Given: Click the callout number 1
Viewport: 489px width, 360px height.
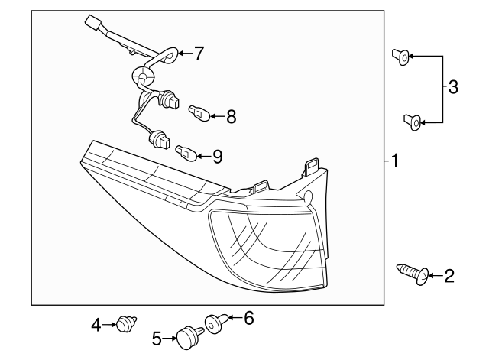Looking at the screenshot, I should (395, 161).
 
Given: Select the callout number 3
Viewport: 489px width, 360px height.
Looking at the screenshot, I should (453, 88).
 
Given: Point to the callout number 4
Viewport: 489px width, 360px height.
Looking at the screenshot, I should (96, 326).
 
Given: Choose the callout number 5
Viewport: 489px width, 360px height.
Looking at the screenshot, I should (157, 336).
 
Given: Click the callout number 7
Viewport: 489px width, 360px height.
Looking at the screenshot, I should (199, 54).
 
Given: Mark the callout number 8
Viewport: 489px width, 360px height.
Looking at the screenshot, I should (231, 117).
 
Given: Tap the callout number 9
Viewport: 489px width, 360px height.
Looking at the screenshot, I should (217, 157).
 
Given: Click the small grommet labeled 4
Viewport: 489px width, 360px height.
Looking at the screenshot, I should (124, 326).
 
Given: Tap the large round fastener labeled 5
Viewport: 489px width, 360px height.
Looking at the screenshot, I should (186, 337).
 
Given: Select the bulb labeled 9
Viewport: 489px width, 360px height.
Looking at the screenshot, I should (185, 153).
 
